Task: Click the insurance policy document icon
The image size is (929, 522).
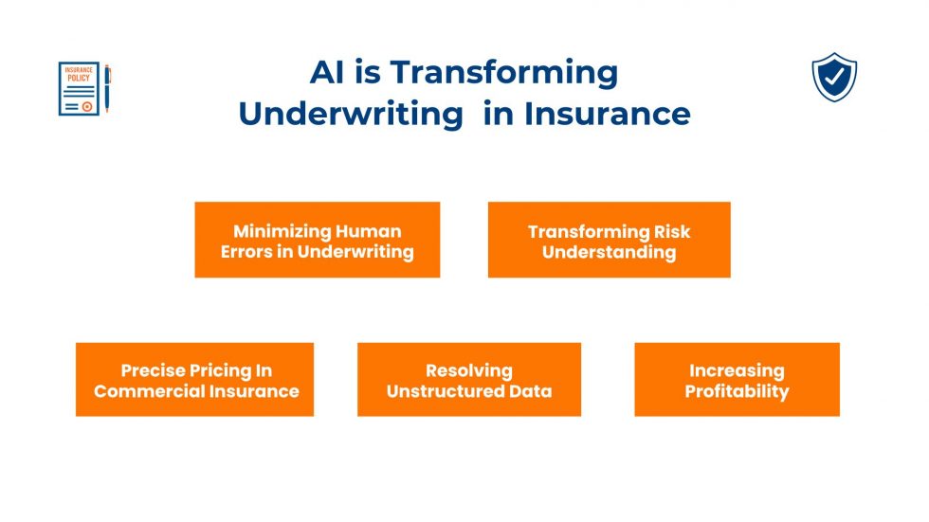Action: coord(80,89)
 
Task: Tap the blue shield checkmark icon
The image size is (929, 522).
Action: coord(834,78)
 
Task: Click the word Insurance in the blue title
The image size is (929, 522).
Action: coord(607,114)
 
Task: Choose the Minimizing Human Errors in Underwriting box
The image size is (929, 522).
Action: coord(317,240)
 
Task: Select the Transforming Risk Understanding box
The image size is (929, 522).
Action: coord(609,240)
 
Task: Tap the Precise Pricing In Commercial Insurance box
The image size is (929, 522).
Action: coord(194,380)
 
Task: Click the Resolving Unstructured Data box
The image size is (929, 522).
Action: coord(468,380)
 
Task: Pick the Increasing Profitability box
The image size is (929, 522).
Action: coord(737,380)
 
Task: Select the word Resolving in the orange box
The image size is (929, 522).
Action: coord(468,370)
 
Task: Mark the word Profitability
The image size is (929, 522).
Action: coord(737,391)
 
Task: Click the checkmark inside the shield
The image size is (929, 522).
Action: coord(834,78)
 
